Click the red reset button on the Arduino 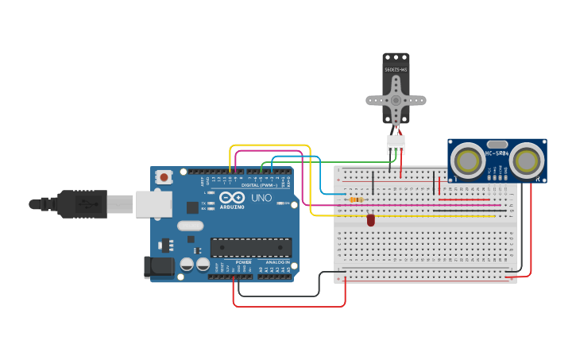coord(164,177)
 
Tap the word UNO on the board coord(261,197)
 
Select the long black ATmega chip coord(250,247)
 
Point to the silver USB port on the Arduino coord(153,204)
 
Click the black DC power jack coord(159,267)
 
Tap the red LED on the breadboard coord(371,219)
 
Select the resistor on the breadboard coord(356,199)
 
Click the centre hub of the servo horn coord(396,100)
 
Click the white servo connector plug coord(396,145)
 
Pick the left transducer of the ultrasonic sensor coord(469,161)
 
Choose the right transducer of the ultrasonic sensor coord(526,161)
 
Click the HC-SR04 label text coord(497,153)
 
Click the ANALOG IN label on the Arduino coord(277,262)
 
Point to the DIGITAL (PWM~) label coord(260,185)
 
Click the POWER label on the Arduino coord(243,262)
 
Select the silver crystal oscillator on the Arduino coord(191,226)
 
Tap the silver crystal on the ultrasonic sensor coord(497,145)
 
